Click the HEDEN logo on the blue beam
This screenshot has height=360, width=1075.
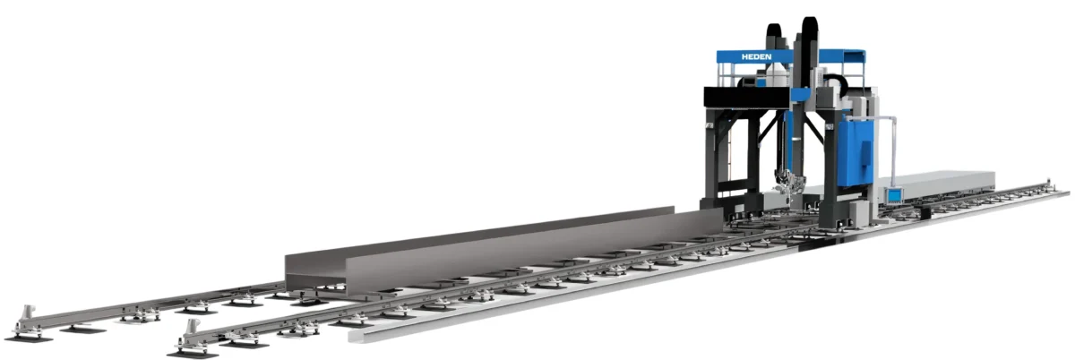[756, 56]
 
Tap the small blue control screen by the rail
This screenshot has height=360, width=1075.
[894, 196]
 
